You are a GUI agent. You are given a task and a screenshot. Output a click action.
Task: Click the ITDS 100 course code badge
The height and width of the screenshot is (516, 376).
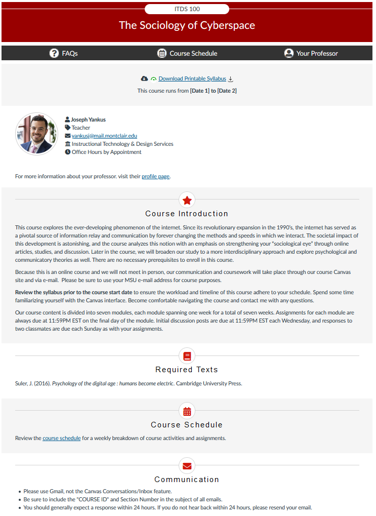[x=187, y=9]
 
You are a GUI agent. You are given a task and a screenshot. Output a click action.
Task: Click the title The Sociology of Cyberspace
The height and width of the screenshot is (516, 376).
[x=187, y=25]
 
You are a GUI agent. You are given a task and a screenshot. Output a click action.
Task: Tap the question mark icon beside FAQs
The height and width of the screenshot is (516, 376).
[x=54, y=53]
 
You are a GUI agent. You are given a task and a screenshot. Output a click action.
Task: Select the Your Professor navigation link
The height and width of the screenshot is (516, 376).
[x=317, y=53]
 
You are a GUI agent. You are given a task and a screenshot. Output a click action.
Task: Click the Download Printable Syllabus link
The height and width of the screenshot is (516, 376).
[x=192, y=78]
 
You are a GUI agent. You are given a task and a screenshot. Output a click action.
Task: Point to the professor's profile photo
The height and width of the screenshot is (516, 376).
[x=36, y=134]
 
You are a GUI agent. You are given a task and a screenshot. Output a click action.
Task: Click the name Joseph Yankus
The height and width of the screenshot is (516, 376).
[x=88, y=120]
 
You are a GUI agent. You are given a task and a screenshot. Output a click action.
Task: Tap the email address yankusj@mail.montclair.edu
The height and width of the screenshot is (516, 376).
[x=104, y=136]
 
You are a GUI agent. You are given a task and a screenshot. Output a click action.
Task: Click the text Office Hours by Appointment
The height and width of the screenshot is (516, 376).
[x=106, y=152]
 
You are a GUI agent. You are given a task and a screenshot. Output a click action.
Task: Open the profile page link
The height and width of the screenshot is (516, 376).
[x=155, y=176]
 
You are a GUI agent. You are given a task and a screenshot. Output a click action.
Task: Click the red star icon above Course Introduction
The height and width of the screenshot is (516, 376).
[x=187, y=200]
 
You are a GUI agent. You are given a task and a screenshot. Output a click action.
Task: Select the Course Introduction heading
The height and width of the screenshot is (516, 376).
[x=187, y=214]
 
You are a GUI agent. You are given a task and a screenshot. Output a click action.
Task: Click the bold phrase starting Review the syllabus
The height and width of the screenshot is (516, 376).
[x=74, y=293]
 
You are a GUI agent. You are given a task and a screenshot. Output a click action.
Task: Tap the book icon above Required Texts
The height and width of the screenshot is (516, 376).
[x=187, y=356]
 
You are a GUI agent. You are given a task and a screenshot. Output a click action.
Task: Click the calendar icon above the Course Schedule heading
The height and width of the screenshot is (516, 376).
[x=187, y=411]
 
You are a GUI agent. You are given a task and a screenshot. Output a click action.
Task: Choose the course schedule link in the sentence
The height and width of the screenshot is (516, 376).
[x=62, y=438]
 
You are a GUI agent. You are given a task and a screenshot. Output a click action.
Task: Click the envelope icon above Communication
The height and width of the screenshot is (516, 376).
[x=187, y=465]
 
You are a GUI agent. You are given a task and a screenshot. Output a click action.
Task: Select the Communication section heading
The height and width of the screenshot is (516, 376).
[x=187, y=480]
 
